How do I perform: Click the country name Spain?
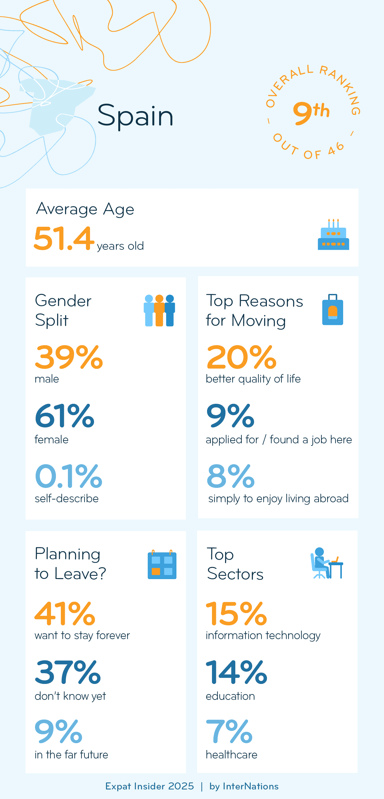click(135, 116)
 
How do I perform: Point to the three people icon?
click(159, 311)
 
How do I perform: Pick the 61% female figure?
click(65, 416)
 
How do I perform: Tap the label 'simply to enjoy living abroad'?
click(278, 498)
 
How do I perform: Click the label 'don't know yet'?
click(70, 696)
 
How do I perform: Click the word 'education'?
click(230, 696)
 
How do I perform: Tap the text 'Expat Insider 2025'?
click(149, 786)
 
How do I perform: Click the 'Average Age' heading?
click(85, 209)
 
